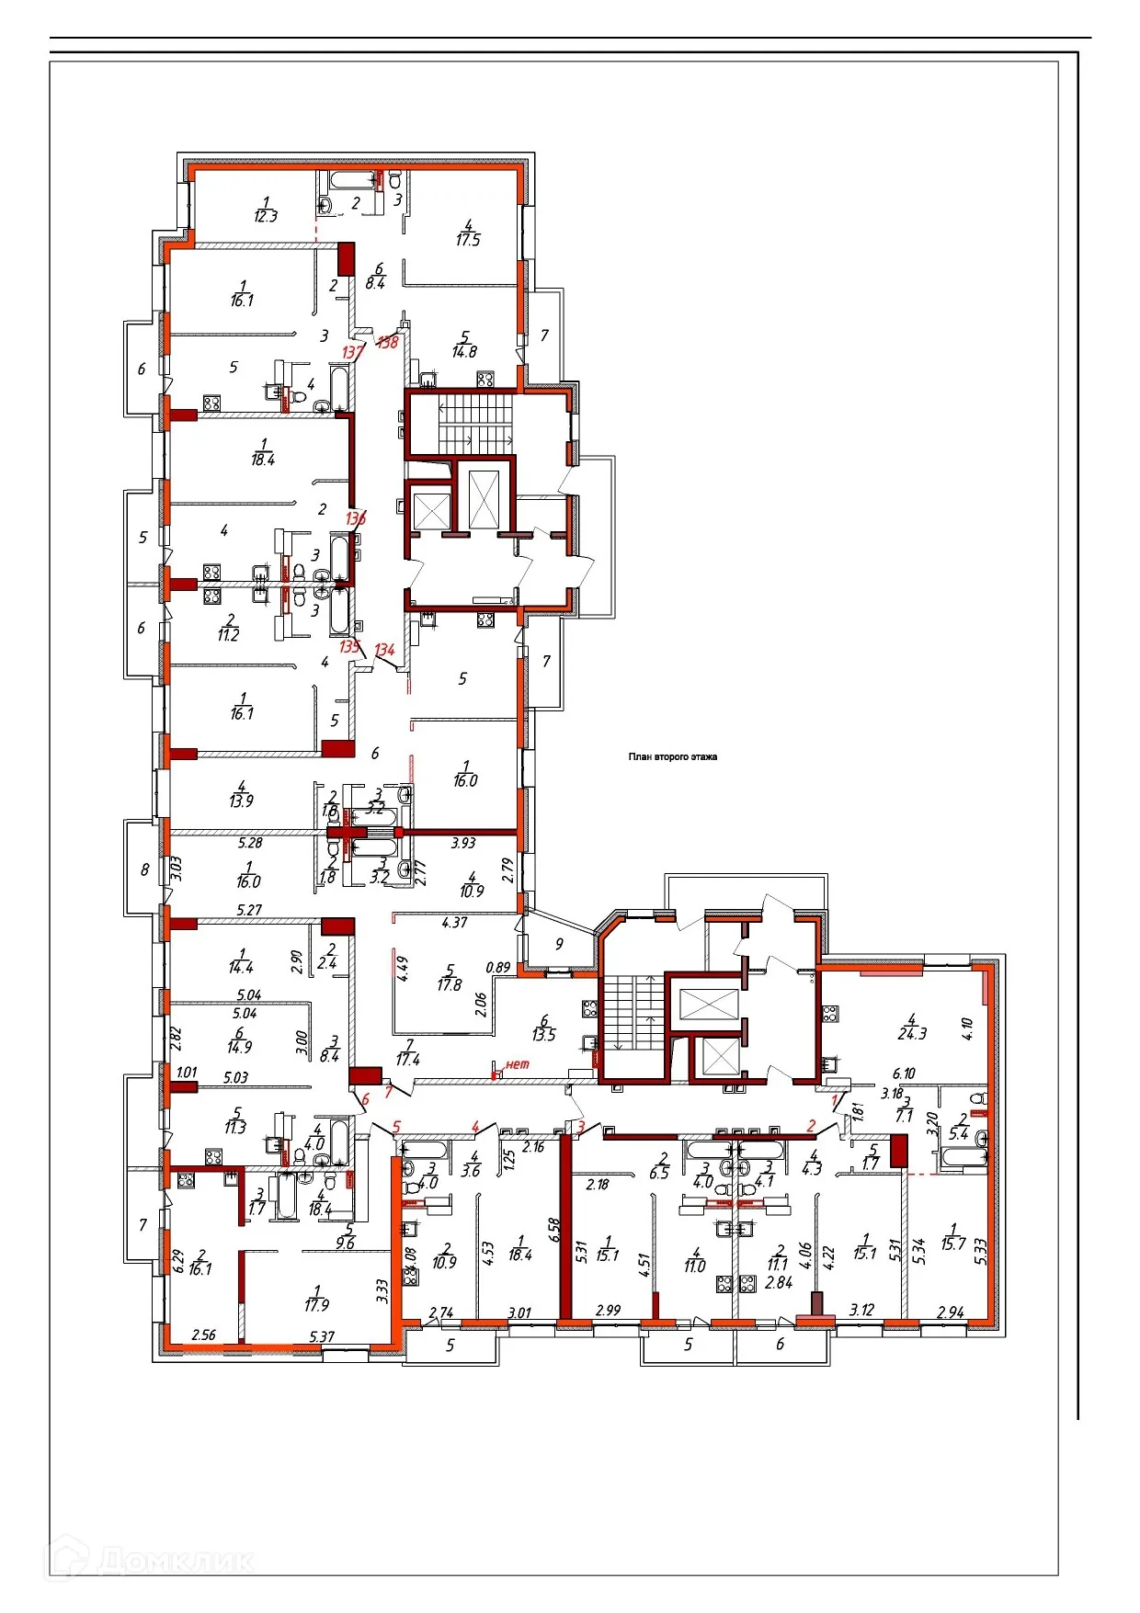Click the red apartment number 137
352,352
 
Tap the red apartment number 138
387,342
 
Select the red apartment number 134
384,650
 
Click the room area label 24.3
911,1033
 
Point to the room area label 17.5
468,240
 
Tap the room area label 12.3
265,217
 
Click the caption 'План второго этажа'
672,757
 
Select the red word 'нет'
518,1064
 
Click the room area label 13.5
544,1035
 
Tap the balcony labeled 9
559,944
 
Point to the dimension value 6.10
904,1073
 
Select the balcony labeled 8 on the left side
144,869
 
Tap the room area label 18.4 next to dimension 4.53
519,1255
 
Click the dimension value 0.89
497,967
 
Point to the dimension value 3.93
463,843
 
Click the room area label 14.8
464,351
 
